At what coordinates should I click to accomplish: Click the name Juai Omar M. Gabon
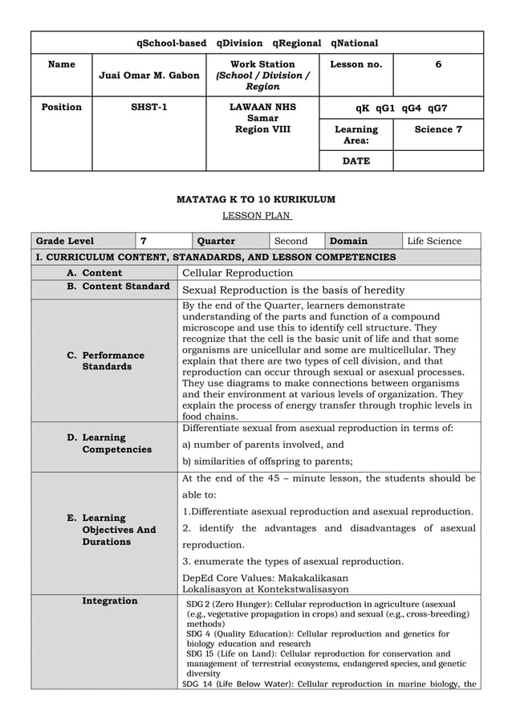148,75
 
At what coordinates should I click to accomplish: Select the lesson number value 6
437,64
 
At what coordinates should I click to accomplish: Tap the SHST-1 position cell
148,107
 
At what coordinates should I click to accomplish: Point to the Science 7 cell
437,129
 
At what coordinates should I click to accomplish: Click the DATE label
356,161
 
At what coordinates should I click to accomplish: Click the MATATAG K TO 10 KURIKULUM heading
256,199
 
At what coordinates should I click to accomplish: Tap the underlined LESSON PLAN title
256,215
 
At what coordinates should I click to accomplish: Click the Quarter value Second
291,241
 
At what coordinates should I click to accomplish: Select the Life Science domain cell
434,241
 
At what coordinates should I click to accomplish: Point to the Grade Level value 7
144,241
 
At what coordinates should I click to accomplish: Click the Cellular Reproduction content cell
238,273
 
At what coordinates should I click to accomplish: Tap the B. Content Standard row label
118,286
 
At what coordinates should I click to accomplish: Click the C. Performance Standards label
112,360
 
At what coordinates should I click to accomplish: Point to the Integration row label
109,600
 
